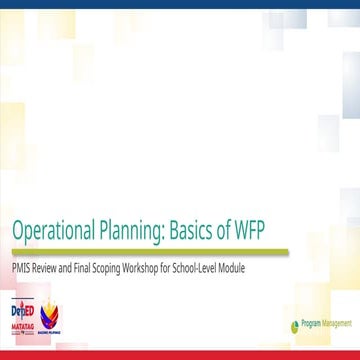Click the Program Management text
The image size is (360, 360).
tap(323, 324)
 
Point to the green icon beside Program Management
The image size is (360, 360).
tap(294, 325)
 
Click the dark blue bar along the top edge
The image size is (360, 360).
tap(180, 4)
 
